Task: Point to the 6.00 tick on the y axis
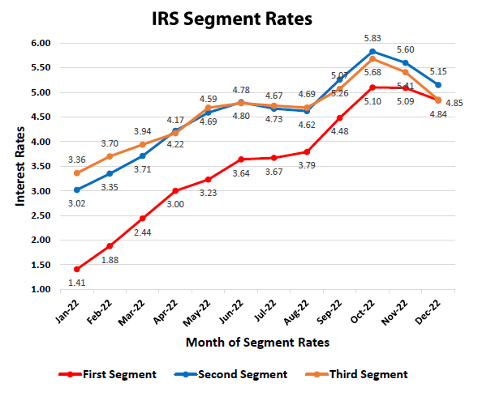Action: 40,43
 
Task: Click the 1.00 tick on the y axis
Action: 40,289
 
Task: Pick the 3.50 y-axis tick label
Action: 40,166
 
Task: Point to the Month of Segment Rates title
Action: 257,343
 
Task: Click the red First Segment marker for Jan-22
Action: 77,269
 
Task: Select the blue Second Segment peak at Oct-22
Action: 372,51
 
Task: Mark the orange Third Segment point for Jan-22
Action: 77,173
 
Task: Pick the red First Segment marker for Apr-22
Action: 175,191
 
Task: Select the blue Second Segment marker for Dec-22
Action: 438,85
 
